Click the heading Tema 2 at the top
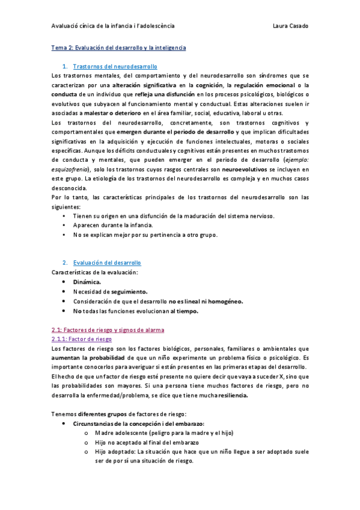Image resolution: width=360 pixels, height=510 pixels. tap(118, 47)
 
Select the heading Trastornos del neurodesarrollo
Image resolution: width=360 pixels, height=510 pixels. tap(115, 66)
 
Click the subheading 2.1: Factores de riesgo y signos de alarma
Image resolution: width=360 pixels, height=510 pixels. tap(108, 330)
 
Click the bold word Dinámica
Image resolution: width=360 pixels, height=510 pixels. tap(87, 282)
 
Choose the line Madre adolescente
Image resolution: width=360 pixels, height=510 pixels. tap(164, 433)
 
